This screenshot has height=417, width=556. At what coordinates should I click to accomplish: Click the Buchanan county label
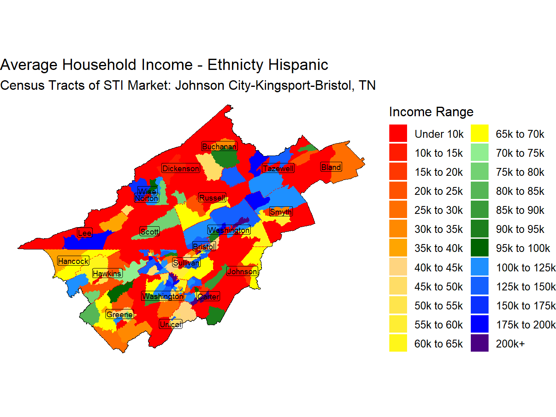[x=219, y=146]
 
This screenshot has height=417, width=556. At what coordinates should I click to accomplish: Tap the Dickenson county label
[x=181, y=168]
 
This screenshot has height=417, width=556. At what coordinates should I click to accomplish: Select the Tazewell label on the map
[x=278, y=168]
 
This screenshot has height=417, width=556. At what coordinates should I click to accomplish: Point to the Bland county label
[x=331, y=167]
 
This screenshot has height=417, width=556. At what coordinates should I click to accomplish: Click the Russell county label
[x=212, y=198]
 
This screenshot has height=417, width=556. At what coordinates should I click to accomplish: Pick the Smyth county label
[x=281, y=212]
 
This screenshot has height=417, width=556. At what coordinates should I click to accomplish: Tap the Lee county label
[x=84, y=233]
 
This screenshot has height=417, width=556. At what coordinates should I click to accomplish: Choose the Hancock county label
[x=73, y=261]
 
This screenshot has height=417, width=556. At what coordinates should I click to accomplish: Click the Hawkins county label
[x=107, y=273]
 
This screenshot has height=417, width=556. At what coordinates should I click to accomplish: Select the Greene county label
[x=120, y=314]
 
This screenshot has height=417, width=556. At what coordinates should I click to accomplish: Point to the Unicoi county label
[x=170, y=324]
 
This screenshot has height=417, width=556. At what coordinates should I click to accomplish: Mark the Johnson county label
[x=242, y=271]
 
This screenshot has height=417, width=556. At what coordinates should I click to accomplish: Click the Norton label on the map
[x=146, y=199]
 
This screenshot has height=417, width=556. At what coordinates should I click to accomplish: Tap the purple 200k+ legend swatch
[x=479, y=343]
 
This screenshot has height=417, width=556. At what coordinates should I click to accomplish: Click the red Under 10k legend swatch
[x=398, y=134]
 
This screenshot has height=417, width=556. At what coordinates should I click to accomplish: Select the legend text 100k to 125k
[x=526, y=268]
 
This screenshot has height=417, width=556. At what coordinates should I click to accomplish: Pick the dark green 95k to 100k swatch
[x=479, y=248]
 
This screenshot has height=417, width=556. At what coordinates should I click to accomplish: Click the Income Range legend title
[x=431, y=112]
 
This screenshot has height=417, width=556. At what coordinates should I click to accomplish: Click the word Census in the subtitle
[x=23, y=85]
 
